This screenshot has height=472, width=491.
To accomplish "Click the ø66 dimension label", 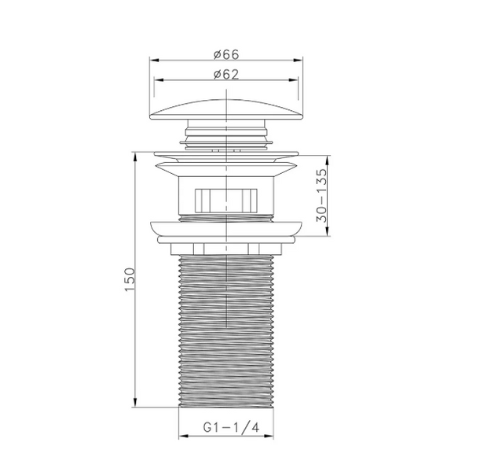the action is (226, 54).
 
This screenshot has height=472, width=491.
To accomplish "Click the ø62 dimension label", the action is (226, 74).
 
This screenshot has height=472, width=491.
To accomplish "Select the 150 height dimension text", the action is (130, 279).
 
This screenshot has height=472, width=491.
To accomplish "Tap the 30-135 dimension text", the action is (321, 195).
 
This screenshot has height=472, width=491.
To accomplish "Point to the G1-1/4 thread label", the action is (232, 427).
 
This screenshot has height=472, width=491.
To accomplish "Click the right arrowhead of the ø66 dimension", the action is (298, 60).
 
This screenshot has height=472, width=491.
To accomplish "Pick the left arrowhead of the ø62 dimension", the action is (159, 80).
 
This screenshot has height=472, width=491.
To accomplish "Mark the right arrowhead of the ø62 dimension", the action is (293, 80).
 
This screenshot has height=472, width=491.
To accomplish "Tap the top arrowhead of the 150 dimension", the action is (135, 157).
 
